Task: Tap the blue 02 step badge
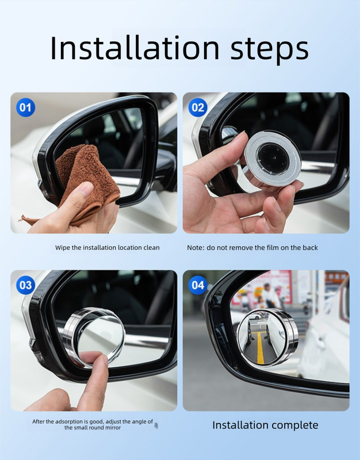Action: pyautogui.click(x=198, y=108)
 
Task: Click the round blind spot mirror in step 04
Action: pyautogui.click(x=267, y=339)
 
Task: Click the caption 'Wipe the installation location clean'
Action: pyautogui.click(x=107, y=247)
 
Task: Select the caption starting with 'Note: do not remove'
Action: pyautogui.click(x=252, y=247)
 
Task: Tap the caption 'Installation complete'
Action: pyautogui.click(x=265, y=425)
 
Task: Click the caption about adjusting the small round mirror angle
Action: pyautogui.click(x=93, y=424)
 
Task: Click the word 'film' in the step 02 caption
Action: pyautogui.click(x=279, y=247)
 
